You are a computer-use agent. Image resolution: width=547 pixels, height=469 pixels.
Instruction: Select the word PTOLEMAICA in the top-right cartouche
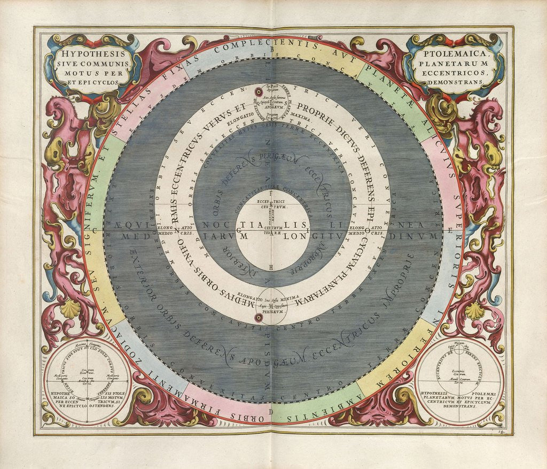(455, 53)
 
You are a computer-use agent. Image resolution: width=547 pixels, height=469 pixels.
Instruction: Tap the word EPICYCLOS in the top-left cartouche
(102, 82)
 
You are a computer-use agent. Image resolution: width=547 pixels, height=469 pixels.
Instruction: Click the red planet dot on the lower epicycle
(259, 318)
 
